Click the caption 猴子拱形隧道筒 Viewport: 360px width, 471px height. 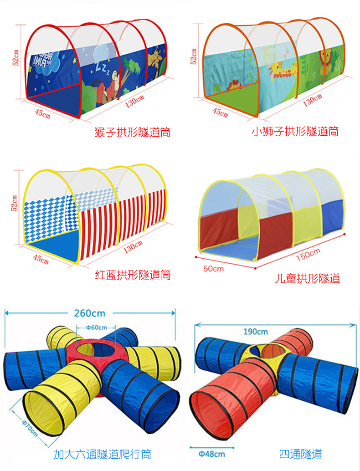tap(132, 133)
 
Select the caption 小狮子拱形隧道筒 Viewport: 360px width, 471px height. tap(295, 132)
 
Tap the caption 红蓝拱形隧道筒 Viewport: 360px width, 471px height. tap(133, 275)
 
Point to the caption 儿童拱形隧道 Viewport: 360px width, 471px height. tap(307, 278)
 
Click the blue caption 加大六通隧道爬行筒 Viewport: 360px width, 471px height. tap(102, 454)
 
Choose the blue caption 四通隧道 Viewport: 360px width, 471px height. tap(301, 454)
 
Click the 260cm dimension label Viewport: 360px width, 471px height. tap(89, 313)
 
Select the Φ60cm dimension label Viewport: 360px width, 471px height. tap(97, 327)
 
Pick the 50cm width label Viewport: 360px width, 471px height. tap(213, 268)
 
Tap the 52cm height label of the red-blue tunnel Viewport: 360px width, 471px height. tap(15, 203)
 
